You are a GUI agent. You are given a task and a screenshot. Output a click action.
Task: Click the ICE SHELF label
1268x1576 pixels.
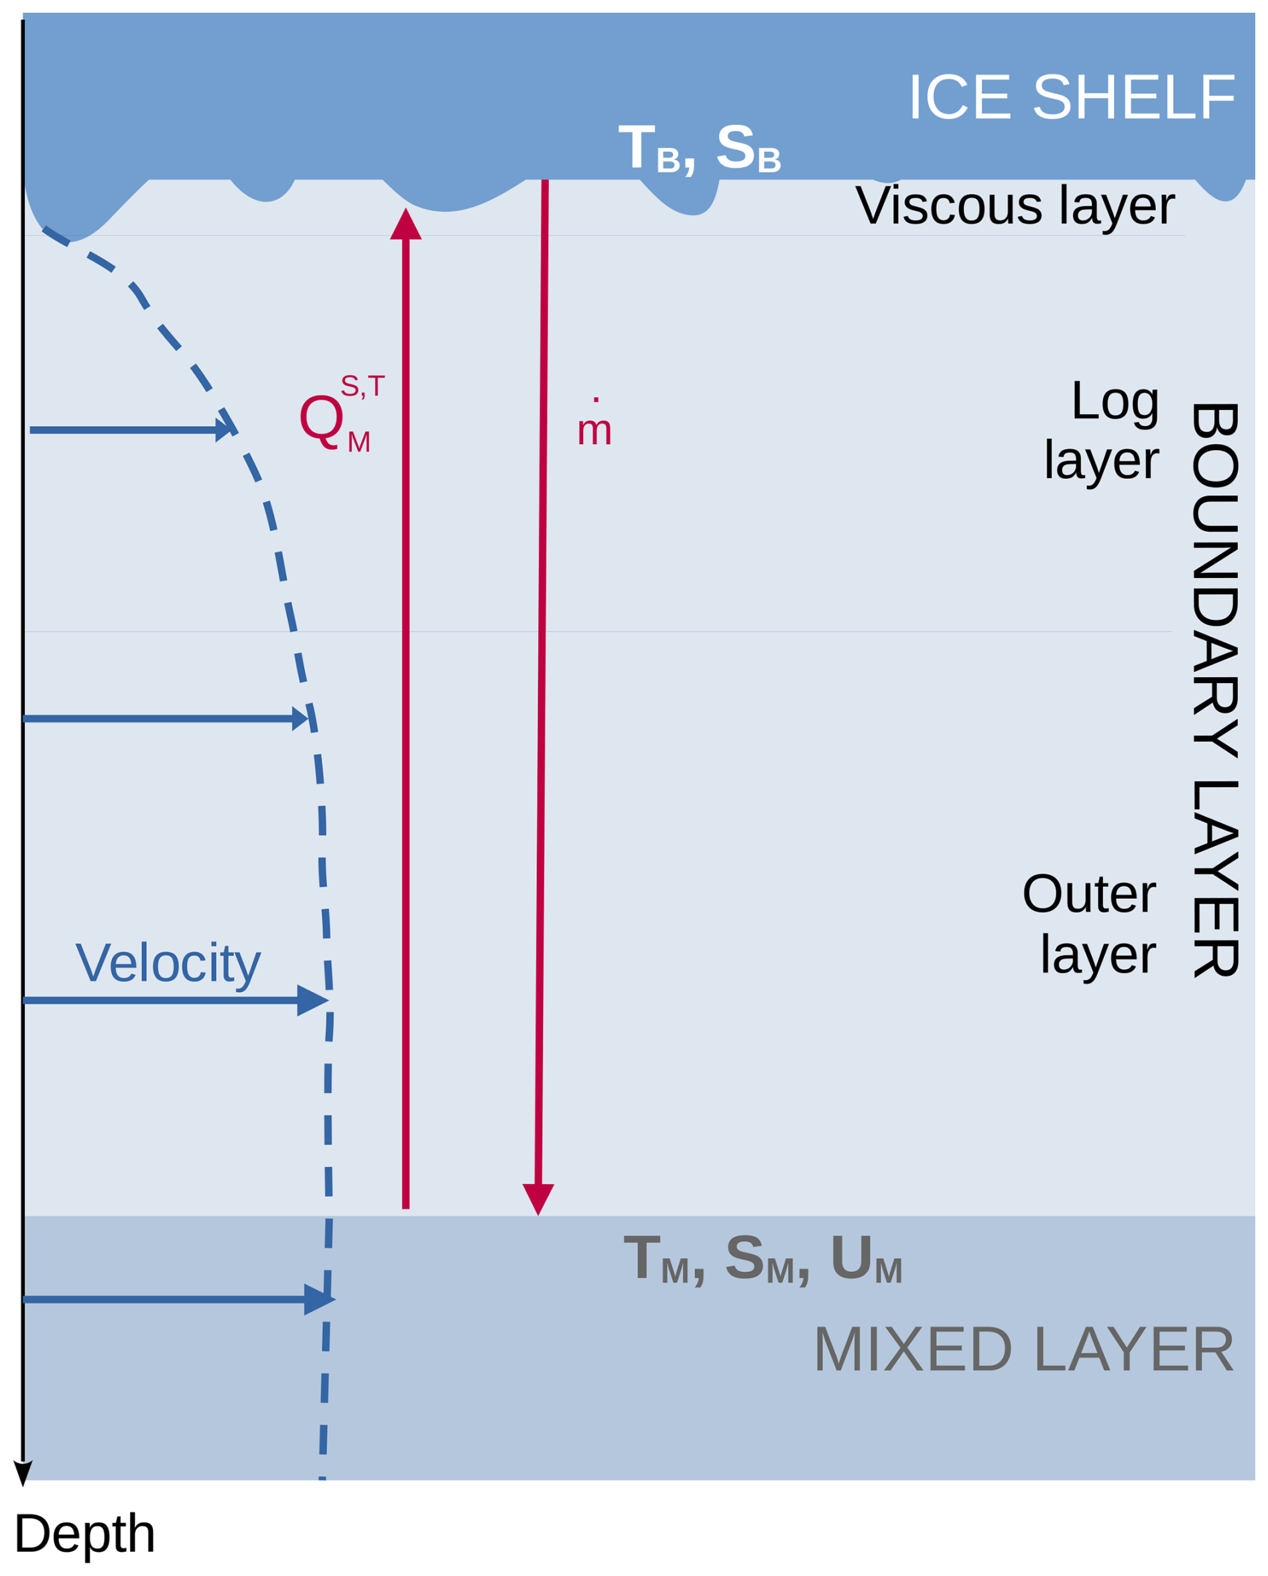pyautogui.click(x=1070, y=97)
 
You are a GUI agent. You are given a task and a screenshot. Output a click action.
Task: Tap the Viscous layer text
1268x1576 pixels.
pyautogui.click(x=1014, y=206)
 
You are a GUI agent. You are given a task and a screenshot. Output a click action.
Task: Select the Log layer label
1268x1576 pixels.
pyautogui.click(x=1102, y=430)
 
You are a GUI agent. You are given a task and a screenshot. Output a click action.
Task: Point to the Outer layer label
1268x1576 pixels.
pyautogui.click(x=1090, y=923)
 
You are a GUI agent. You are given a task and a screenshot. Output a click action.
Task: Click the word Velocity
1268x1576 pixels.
pyautogui.click(x=168, y=963)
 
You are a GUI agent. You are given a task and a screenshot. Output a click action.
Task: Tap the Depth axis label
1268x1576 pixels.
pyautogui.click(x=85, y=1534)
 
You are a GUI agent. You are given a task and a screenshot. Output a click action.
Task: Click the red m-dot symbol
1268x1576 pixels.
pyautogui.click(x=594, y=426)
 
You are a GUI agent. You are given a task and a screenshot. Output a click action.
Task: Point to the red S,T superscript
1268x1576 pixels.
pyautogui.click(x=362, y=386)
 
